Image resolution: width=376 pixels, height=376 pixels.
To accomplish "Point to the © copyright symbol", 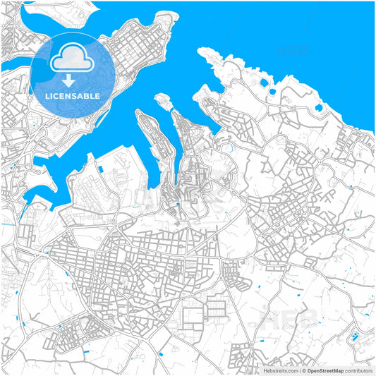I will (304, 370).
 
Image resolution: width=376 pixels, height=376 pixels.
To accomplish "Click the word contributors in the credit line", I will (358, 370).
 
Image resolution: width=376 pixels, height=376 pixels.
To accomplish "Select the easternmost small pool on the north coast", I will (319, 109).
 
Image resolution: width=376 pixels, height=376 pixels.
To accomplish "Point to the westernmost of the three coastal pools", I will (263, 83).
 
